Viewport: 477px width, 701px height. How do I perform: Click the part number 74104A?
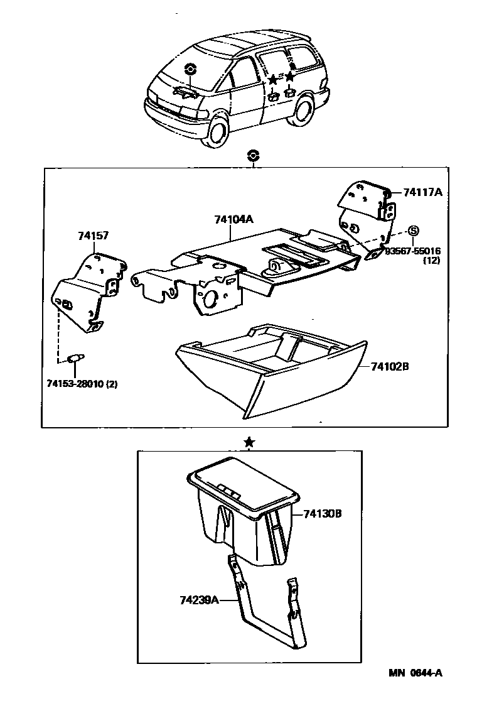coord(233,219)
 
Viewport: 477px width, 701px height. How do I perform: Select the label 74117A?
coord(422,192)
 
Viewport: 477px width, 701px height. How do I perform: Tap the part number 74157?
coord(94,236)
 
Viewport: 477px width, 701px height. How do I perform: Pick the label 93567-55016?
coord(414,251)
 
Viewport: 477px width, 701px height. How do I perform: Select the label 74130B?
coord(322,513)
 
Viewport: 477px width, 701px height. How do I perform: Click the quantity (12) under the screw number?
coord(431,260)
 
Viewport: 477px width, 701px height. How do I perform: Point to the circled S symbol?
coord(414,231)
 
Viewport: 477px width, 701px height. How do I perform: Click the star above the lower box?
coord(249,443)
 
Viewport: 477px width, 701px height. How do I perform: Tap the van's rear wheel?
coord(303,110)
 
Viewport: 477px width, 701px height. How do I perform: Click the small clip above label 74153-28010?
coord(75,358)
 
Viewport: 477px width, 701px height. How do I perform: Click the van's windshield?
coord(188,69)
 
